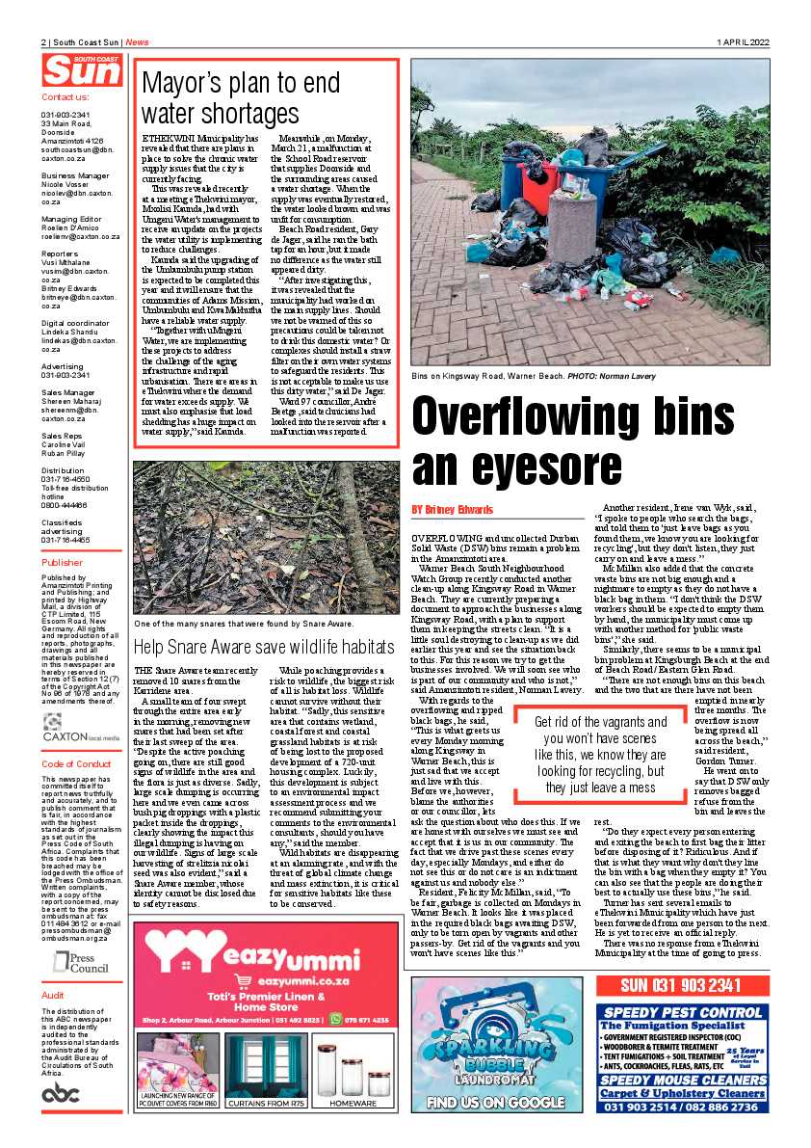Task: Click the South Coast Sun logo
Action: (x=81, y=70)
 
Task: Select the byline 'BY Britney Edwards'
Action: (x=452, y=509)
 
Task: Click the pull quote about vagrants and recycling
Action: (x=615, y=740)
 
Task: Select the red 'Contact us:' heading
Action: (x=65, y=97)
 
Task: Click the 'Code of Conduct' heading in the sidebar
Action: (x=78, y=763)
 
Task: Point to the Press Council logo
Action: (x=81, y=963)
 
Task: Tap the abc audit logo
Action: (x=61, y=1091)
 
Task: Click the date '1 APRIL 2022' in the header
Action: (x=743, y=42)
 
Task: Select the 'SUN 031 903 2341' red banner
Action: (x=682, y=985)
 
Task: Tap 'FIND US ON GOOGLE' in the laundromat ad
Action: (x=495, y=1102)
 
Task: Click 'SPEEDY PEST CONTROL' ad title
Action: (x=682, y=1011)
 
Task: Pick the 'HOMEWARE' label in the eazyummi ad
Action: (x=353, y=1102)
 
